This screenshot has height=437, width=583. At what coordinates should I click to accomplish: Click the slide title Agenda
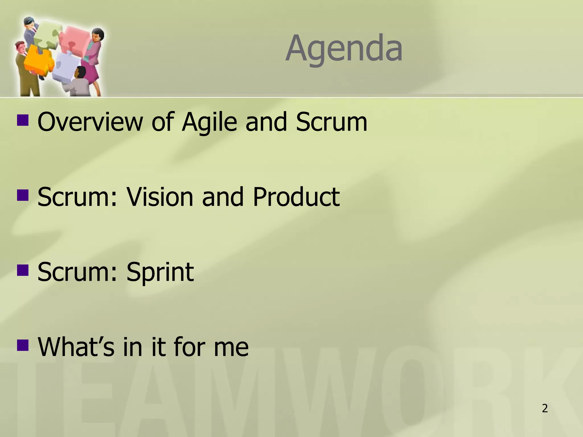[344, 48]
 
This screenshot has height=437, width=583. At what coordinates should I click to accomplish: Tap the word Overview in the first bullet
[90, 122]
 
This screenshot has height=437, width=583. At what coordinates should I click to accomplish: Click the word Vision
[160, 197]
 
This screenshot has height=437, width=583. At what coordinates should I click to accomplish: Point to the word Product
[296, 197]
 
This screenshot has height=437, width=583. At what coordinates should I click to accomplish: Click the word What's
[76, 347]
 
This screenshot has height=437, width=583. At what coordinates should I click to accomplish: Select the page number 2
[545, 409]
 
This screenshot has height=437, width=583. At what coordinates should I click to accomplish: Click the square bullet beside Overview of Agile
[23, 120]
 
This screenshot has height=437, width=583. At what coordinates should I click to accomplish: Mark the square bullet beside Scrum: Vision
[23, 195]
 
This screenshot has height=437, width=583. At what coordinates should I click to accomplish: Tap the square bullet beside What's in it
[23, 345]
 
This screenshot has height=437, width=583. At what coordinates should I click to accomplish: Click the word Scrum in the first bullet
[331, 122]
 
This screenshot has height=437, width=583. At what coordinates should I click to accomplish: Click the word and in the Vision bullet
[223, 197]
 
